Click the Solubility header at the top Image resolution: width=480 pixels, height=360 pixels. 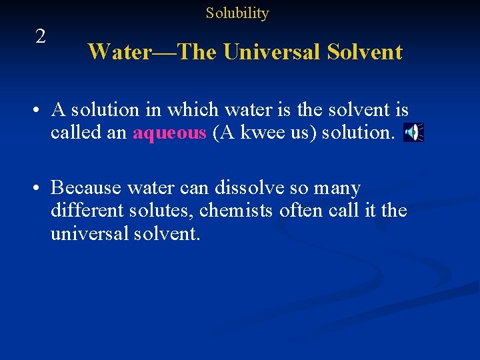(x=237, y=13)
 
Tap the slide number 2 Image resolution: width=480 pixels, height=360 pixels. (x=41, y=37)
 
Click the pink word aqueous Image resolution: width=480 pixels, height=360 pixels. (x=169, y=133)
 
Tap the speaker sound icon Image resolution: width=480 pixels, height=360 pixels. (x=413, y=133)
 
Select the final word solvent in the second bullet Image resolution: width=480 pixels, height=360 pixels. (x=167, y=234)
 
